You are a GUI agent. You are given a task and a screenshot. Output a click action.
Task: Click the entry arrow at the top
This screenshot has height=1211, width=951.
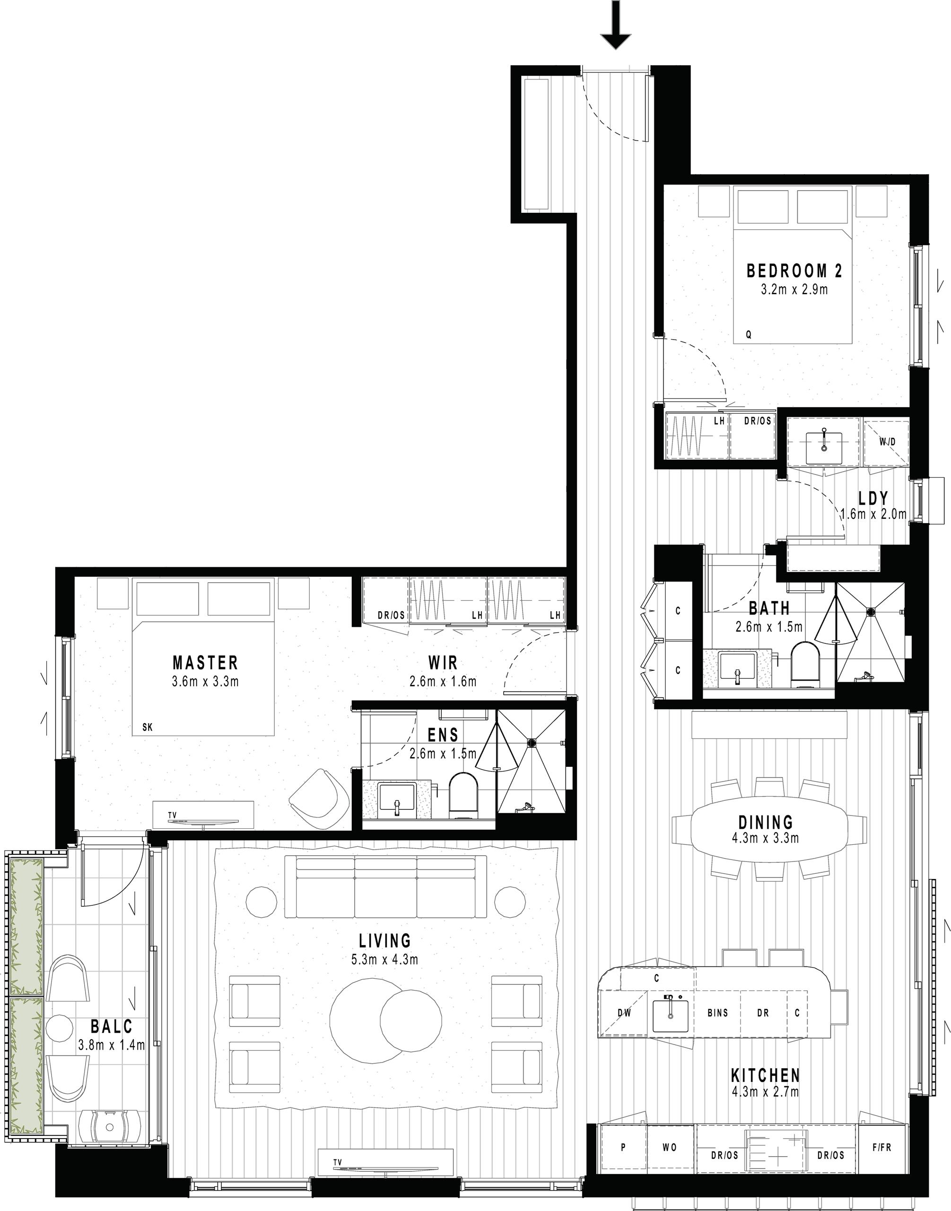tap(615, 25)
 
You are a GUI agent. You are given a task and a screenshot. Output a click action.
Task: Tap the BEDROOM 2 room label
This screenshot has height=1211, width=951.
tap(794, 271)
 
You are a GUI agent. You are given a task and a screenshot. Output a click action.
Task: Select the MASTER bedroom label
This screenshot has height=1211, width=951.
tap(205, 663)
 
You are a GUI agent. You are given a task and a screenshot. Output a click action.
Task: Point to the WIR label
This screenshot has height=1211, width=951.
tap(443, 663)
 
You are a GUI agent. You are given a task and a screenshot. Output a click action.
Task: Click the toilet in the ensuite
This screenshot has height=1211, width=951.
tap(463, 794)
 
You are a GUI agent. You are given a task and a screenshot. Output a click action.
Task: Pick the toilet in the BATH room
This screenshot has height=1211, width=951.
tap(806, 663)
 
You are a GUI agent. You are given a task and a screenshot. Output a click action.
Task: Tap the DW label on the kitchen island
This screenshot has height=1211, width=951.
tap(625, 1013)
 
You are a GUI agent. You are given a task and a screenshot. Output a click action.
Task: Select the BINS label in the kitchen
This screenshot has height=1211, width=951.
tap(718, 1013)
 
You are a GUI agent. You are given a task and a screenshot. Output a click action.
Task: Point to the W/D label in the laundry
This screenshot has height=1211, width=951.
tap(888, 442)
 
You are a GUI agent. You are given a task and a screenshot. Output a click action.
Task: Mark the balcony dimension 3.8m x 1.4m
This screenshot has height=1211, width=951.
tap(111, 1045)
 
